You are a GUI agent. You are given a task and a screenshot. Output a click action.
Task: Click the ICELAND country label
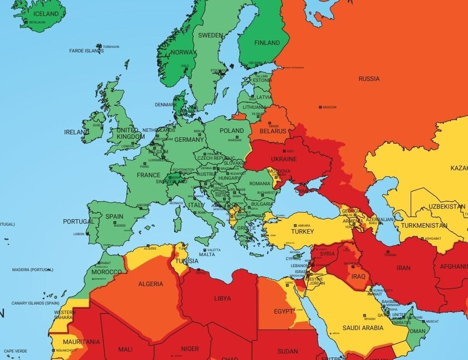coord(45,13)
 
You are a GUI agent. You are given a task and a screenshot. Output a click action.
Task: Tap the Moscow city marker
coord(320,107)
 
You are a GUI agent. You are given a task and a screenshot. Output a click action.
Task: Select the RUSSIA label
coord(369,79)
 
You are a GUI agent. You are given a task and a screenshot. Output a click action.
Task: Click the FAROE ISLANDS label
coord(86,51)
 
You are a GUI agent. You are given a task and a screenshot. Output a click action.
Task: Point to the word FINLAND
coord(267,43)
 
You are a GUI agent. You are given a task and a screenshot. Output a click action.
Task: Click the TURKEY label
coord(303,231)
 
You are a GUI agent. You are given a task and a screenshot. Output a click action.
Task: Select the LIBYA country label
coord(222,298)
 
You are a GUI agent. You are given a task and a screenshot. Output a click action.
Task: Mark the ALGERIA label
coord(150,284)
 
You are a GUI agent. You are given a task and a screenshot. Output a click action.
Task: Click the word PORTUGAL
coord(79,221)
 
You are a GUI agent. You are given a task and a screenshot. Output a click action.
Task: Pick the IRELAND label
coord(76,132)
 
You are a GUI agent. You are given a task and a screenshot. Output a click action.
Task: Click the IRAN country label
coord(403,267)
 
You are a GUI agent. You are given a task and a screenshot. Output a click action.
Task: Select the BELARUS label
coord(272,132)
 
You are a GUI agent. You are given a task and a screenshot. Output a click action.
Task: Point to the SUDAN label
coord(287,351)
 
